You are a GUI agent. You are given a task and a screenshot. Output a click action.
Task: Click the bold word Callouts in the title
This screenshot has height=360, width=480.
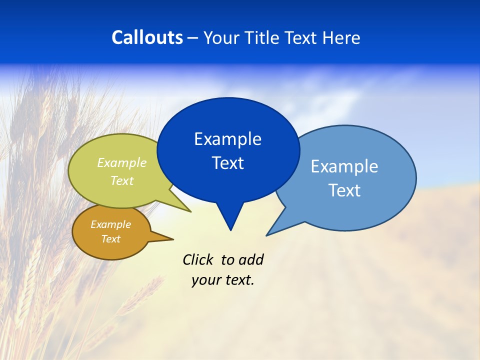147,37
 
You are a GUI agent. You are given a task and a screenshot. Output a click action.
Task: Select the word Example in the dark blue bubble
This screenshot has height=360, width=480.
227,138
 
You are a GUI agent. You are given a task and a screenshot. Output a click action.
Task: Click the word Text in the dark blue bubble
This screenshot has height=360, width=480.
227,163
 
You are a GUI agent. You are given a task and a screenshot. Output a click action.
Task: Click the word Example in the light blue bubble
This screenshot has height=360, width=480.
344,166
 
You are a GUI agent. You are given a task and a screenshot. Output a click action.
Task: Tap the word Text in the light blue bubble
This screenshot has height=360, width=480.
344,190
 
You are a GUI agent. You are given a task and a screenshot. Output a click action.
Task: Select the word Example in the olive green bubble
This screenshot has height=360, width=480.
122,162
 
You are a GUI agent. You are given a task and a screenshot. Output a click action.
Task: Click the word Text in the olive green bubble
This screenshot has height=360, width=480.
122,180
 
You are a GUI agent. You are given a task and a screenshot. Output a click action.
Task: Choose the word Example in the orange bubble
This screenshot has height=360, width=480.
110,224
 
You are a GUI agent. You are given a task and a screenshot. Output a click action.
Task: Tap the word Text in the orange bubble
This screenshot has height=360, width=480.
110,239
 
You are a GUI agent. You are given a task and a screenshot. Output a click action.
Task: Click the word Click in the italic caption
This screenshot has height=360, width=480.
198,259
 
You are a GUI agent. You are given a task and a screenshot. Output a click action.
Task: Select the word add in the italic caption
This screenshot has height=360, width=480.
250,259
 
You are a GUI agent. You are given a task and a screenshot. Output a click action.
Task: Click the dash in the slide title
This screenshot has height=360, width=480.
193,38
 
